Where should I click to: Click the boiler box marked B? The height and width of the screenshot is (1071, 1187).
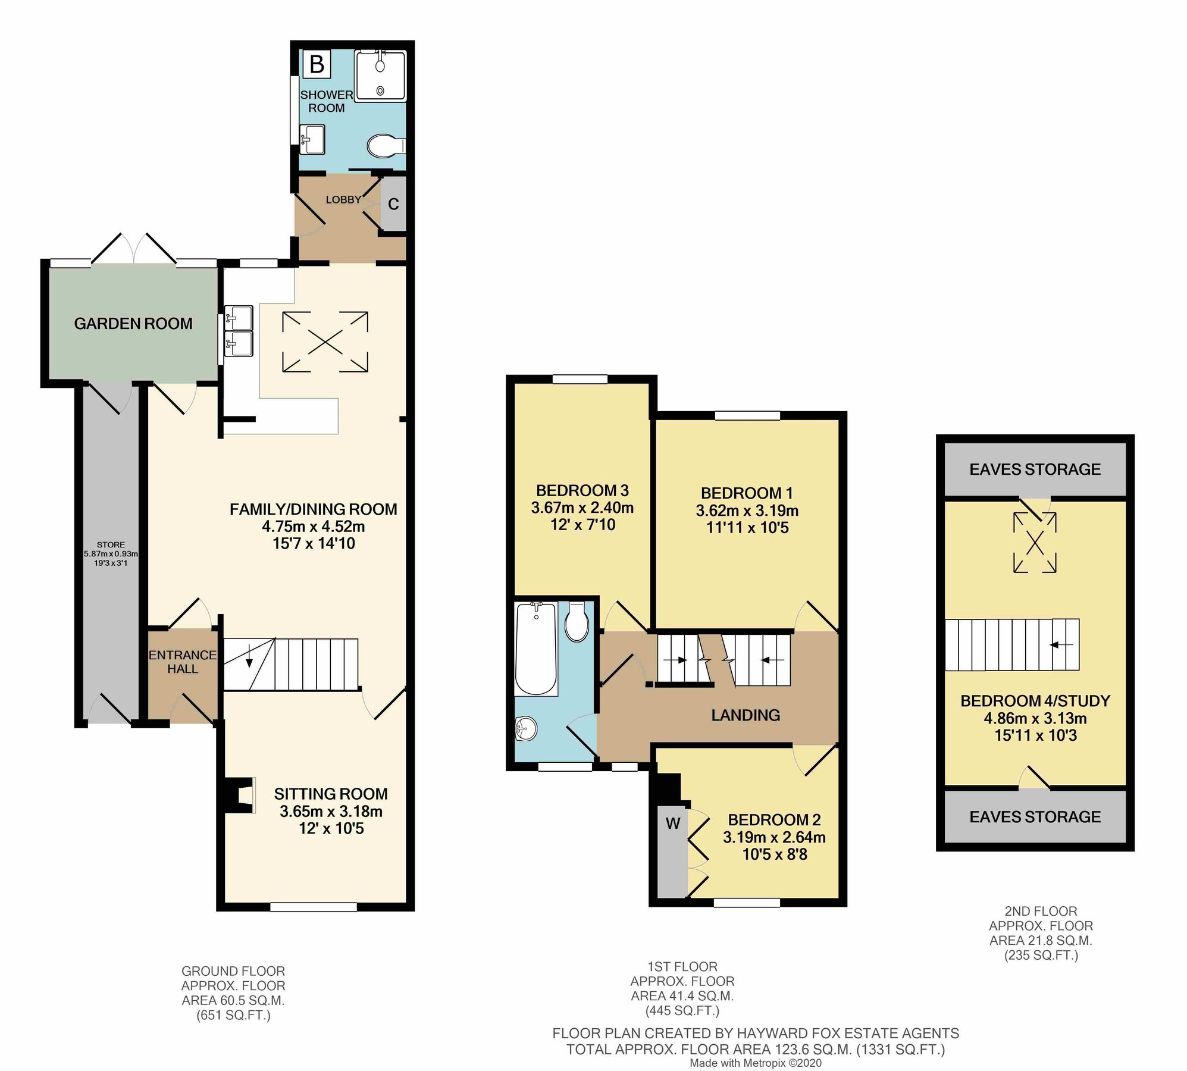[317, 64]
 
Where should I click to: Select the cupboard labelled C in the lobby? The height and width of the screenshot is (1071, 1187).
[393, 204]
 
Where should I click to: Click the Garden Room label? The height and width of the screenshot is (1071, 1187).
[133, 324]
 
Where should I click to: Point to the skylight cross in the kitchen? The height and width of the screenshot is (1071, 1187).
[325, 342]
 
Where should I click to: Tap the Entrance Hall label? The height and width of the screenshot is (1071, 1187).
[182, 662]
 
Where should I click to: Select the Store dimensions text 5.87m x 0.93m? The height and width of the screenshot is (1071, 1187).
[111, 553]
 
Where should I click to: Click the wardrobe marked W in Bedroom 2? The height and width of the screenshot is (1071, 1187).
[672, 824]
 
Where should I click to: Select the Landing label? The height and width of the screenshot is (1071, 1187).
[746, 715]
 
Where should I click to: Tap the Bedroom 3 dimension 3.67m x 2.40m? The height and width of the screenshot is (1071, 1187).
[582, 508]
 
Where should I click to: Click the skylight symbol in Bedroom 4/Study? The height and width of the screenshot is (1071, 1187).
[1035, 543]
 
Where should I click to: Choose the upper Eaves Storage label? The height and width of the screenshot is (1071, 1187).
[1035, 469]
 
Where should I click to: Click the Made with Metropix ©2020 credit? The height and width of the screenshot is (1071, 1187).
[756, 1063]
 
